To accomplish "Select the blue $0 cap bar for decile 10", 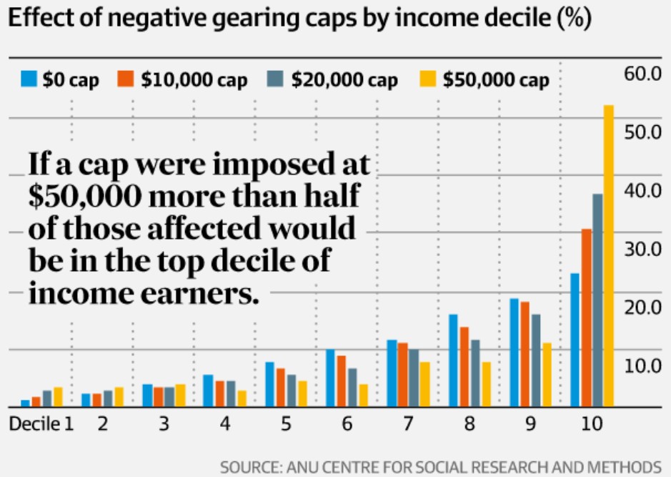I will tap(575, 340).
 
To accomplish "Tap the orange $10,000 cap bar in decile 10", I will tap(586, 318).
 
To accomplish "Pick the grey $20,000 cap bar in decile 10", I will tap(597, 300).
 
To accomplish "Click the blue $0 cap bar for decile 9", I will tap(514, 353).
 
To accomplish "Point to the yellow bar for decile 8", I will tap(487, 384).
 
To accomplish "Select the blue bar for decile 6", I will tap(330, 378).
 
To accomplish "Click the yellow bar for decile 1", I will tap(59, 397).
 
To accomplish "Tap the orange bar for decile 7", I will tap(403, 375).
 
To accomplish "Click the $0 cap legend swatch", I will tap(29, 79).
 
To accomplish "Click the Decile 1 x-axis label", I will tap(41, 424).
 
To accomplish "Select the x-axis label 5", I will tap(286, 424).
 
